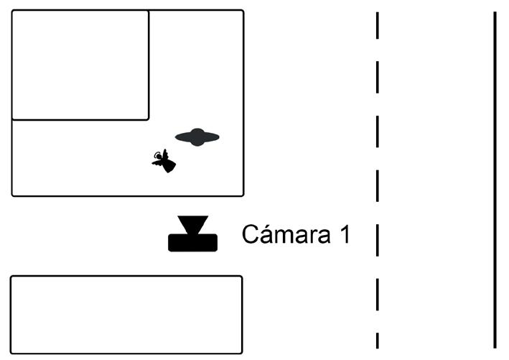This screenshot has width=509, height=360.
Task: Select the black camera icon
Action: coord(192,234)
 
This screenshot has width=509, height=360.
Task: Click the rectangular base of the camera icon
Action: coord(192,243)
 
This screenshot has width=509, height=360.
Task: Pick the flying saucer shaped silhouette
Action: coord(197,137)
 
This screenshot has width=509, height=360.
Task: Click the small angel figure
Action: coord(164,161)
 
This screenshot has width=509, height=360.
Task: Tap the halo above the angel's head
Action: coord(157,154)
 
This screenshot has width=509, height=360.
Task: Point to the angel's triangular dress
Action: coord(169,165)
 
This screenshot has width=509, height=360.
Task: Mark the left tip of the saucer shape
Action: coord(177,137)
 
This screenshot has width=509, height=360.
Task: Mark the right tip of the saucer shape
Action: coord(218,137)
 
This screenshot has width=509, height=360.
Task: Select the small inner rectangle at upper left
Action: coord(80,65)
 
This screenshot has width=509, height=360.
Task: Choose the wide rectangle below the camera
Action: coord(126,314)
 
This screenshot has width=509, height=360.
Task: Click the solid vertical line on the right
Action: coord(495,180)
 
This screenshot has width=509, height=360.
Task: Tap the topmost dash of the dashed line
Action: coord(377,27)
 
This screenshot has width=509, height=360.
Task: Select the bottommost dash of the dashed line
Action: coord(377,340)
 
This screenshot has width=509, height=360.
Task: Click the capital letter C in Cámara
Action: coord(250,234)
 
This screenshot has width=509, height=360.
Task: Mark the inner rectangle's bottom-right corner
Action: coord(148,119)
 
